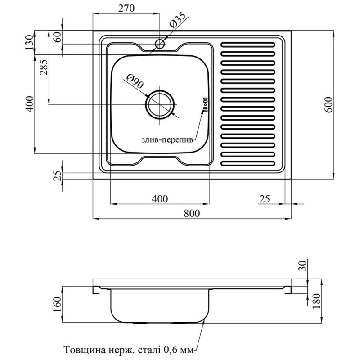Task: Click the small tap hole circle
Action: (x=160, y=44)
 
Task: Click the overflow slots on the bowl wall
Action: (x=205, y=105)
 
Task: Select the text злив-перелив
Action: (x=167, y=140)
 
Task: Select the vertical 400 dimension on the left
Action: (x=30, y=104)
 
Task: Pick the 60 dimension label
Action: (x=57, y=37)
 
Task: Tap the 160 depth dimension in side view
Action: (x=57, y=304)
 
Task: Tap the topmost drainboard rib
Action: (x=247, y=45)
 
